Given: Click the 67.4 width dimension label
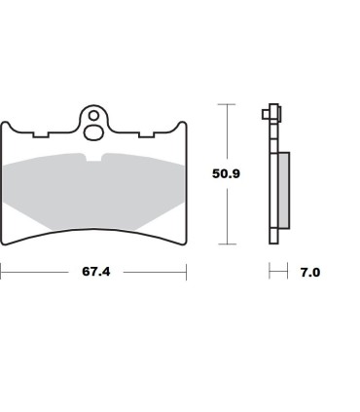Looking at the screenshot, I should [x=94, y=273].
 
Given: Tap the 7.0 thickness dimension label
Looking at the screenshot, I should [x=310, y=273].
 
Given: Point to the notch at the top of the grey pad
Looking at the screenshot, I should [x=93, y=158].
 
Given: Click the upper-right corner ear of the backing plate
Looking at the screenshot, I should [x=181, y=126].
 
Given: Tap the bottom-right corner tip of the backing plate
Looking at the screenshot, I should [x=182, y=241].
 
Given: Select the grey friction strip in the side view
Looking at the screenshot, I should [x=283, y=191].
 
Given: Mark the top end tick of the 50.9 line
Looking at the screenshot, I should [x=228, y=103].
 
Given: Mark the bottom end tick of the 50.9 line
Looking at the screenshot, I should [x=228, y=243].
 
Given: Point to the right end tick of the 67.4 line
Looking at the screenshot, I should [x=185, y=273].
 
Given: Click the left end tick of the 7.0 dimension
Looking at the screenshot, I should [x=270, y=273].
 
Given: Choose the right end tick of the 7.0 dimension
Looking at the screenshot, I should [x=289, y=273].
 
